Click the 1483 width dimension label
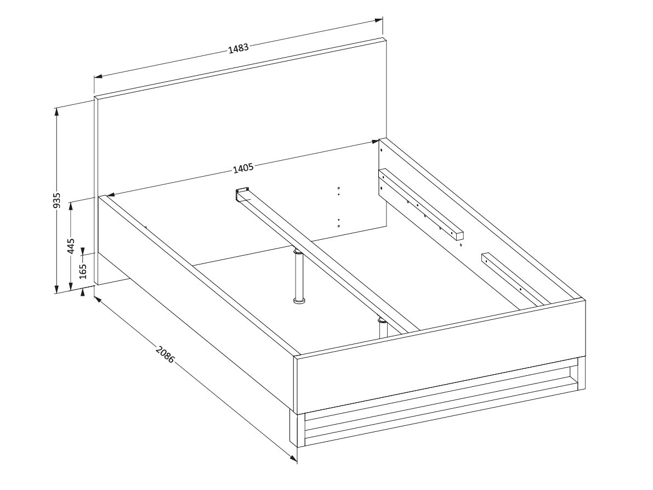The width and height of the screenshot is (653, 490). (x=239, y=48)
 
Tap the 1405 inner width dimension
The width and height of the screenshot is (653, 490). (x=243, y=168)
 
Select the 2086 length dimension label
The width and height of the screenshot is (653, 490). (x=164, y=354)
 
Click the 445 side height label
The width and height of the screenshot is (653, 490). (x=71, y=246)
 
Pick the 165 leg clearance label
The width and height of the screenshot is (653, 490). (x=83, y=271)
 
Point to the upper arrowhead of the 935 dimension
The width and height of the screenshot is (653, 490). (x=56, y=110)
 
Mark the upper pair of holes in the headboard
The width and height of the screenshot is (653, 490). (x=339, y=191)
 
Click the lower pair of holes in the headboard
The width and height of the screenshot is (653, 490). (x=339, y=223)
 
